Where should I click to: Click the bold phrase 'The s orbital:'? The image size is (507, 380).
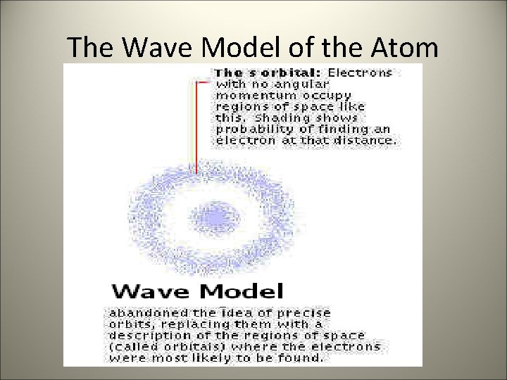point(268,72)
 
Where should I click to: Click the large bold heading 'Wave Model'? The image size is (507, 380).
point(197,291)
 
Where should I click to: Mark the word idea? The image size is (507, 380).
point(233,312)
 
